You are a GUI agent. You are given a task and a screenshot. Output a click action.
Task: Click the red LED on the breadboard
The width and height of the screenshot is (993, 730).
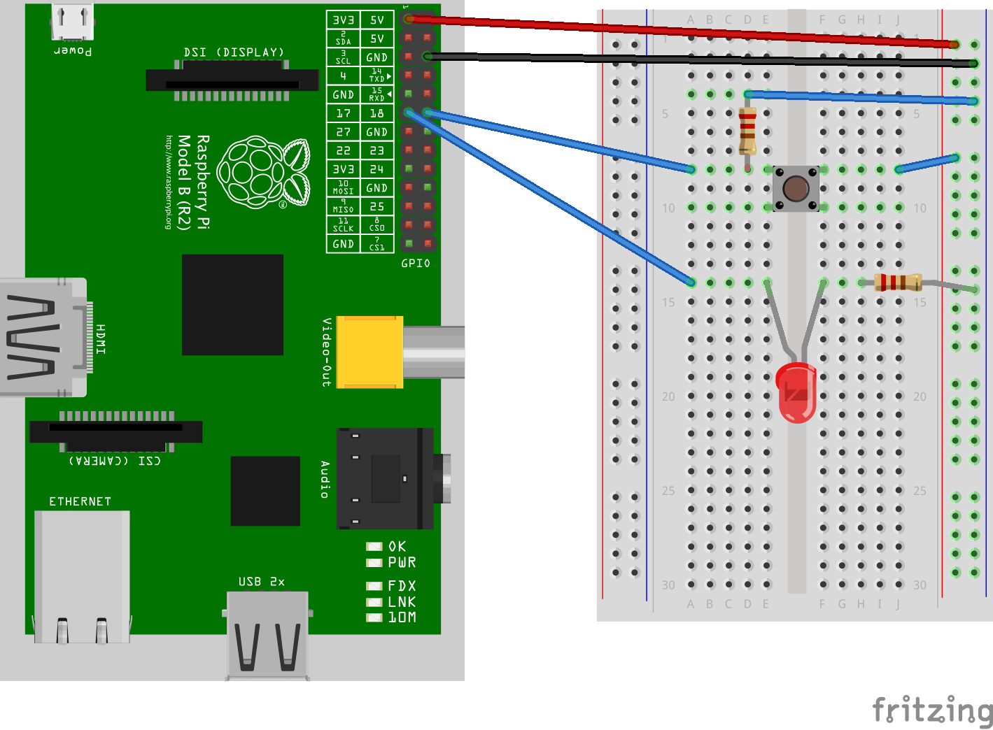pos(796,393)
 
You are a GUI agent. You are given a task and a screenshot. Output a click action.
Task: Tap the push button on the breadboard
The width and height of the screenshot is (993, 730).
pos(796,188)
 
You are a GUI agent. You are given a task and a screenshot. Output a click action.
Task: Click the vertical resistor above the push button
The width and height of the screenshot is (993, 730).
pos(747,131)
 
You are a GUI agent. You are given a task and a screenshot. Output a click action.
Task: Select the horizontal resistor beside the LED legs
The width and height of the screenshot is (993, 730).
pos(898,282)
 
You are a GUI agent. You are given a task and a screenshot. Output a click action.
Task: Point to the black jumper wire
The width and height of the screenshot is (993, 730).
pos(700,60)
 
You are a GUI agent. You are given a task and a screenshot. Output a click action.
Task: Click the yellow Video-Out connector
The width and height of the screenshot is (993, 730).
pos(369,352)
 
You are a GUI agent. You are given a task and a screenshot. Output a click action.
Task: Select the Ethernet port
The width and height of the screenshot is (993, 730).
pos(82,576)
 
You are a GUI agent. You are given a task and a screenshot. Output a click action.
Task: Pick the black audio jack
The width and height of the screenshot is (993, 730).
pos(385,478)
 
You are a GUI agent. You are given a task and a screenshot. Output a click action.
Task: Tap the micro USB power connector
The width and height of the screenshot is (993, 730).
pos(72,22)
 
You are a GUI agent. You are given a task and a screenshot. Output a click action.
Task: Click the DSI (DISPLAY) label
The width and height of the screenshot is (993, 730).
pos(234,52)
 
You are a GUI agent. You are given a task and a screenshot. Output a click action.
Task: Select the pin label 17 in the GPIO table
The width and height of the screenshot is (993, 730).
pos(344,113)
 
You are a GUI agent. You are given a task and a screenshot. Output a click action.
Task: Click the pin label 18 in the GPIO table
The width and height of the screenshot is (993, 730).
pos(376,113)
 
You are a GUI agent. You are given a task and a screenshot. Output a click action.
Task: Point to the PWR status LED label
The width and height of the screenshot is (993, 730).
pos(402,563)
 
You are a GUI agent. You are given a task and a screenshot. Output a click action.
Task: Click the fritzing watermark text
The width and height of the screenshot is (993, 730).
pos(932,710)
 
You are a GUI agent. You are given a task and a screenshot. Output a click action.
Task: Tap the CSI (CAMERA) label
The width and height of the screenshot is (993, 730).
pos(115,461)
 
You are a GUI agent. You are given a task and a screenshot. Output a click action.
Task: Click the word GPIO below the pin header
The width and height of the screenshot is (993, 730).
pos(416,264)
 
